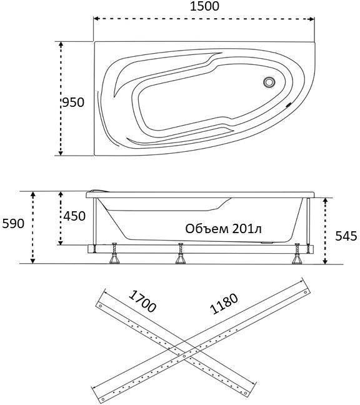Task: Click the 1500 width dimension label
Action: (204, 6)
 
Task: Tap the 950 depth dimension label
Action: (73, 102)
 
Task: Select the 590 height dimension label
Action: (13, 223)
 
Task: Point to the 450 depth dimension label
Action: (74, 216)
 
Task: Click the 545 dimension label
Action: (346, 236)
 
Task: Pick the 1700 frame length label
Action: (142, 301)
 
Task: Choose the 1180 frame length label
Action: (224, 304)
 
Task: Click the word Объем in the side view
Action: (207, 229)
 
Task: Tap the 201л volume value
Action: (247, 229)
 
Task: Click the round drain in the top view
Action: (269, 82)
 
